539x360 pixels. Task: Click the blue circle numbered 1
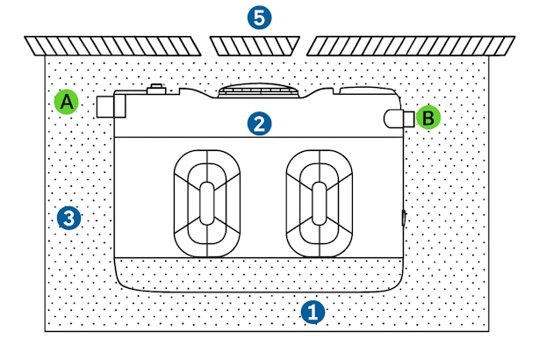tap(313, 310)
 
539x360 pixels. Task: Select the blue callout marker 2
tap(258, 123)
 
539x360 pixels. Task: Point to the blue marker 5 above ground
tap(259, 17)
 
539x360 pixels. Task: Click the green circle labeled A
tap(66, 102)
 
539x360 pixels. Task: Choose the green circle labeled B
tap(428, 117)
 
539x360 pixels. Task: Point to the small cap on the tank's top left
tap(156, 89)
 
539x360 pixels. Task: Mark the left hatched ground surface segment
tap(115, 45)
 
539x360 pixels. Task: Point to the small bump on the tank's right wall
tap(405, 219)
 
